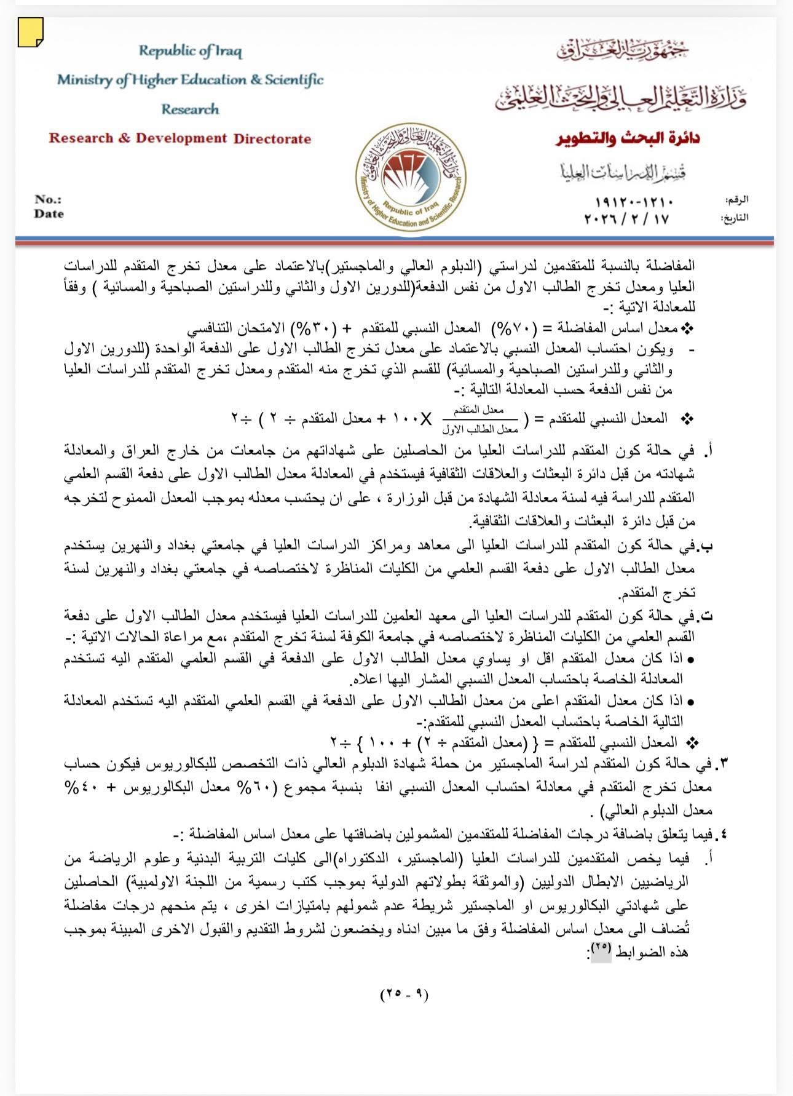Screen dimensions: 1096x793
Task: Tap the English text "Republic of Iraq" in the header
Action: pos(190,51)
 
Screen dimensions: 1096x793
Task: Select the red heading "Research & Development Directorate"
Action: pos(180,138)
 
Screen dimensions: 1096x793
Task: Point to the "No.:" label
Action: pos(48,199)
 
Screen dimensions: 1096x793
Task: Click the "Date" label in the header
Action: pos(49,214)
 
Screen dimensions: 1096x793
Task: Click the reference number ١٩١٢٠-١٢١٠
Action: pos(634,202)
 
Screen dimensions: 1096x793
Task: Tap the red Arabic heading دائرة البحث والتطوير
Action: pos(628,138)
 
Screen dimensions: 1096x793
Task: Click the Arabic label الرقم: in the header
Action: pos(736,200)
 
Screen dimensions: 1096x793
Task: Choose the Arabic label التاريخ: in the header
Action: pos(734,218)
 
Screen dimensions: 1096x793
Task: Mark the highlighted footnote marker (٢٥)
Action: pos(601,951)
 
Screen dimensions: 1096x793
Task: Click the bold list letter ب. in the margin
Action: pos(707,546)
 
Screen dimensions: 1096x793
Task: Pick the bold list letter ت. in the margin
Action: pos(707,615)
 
